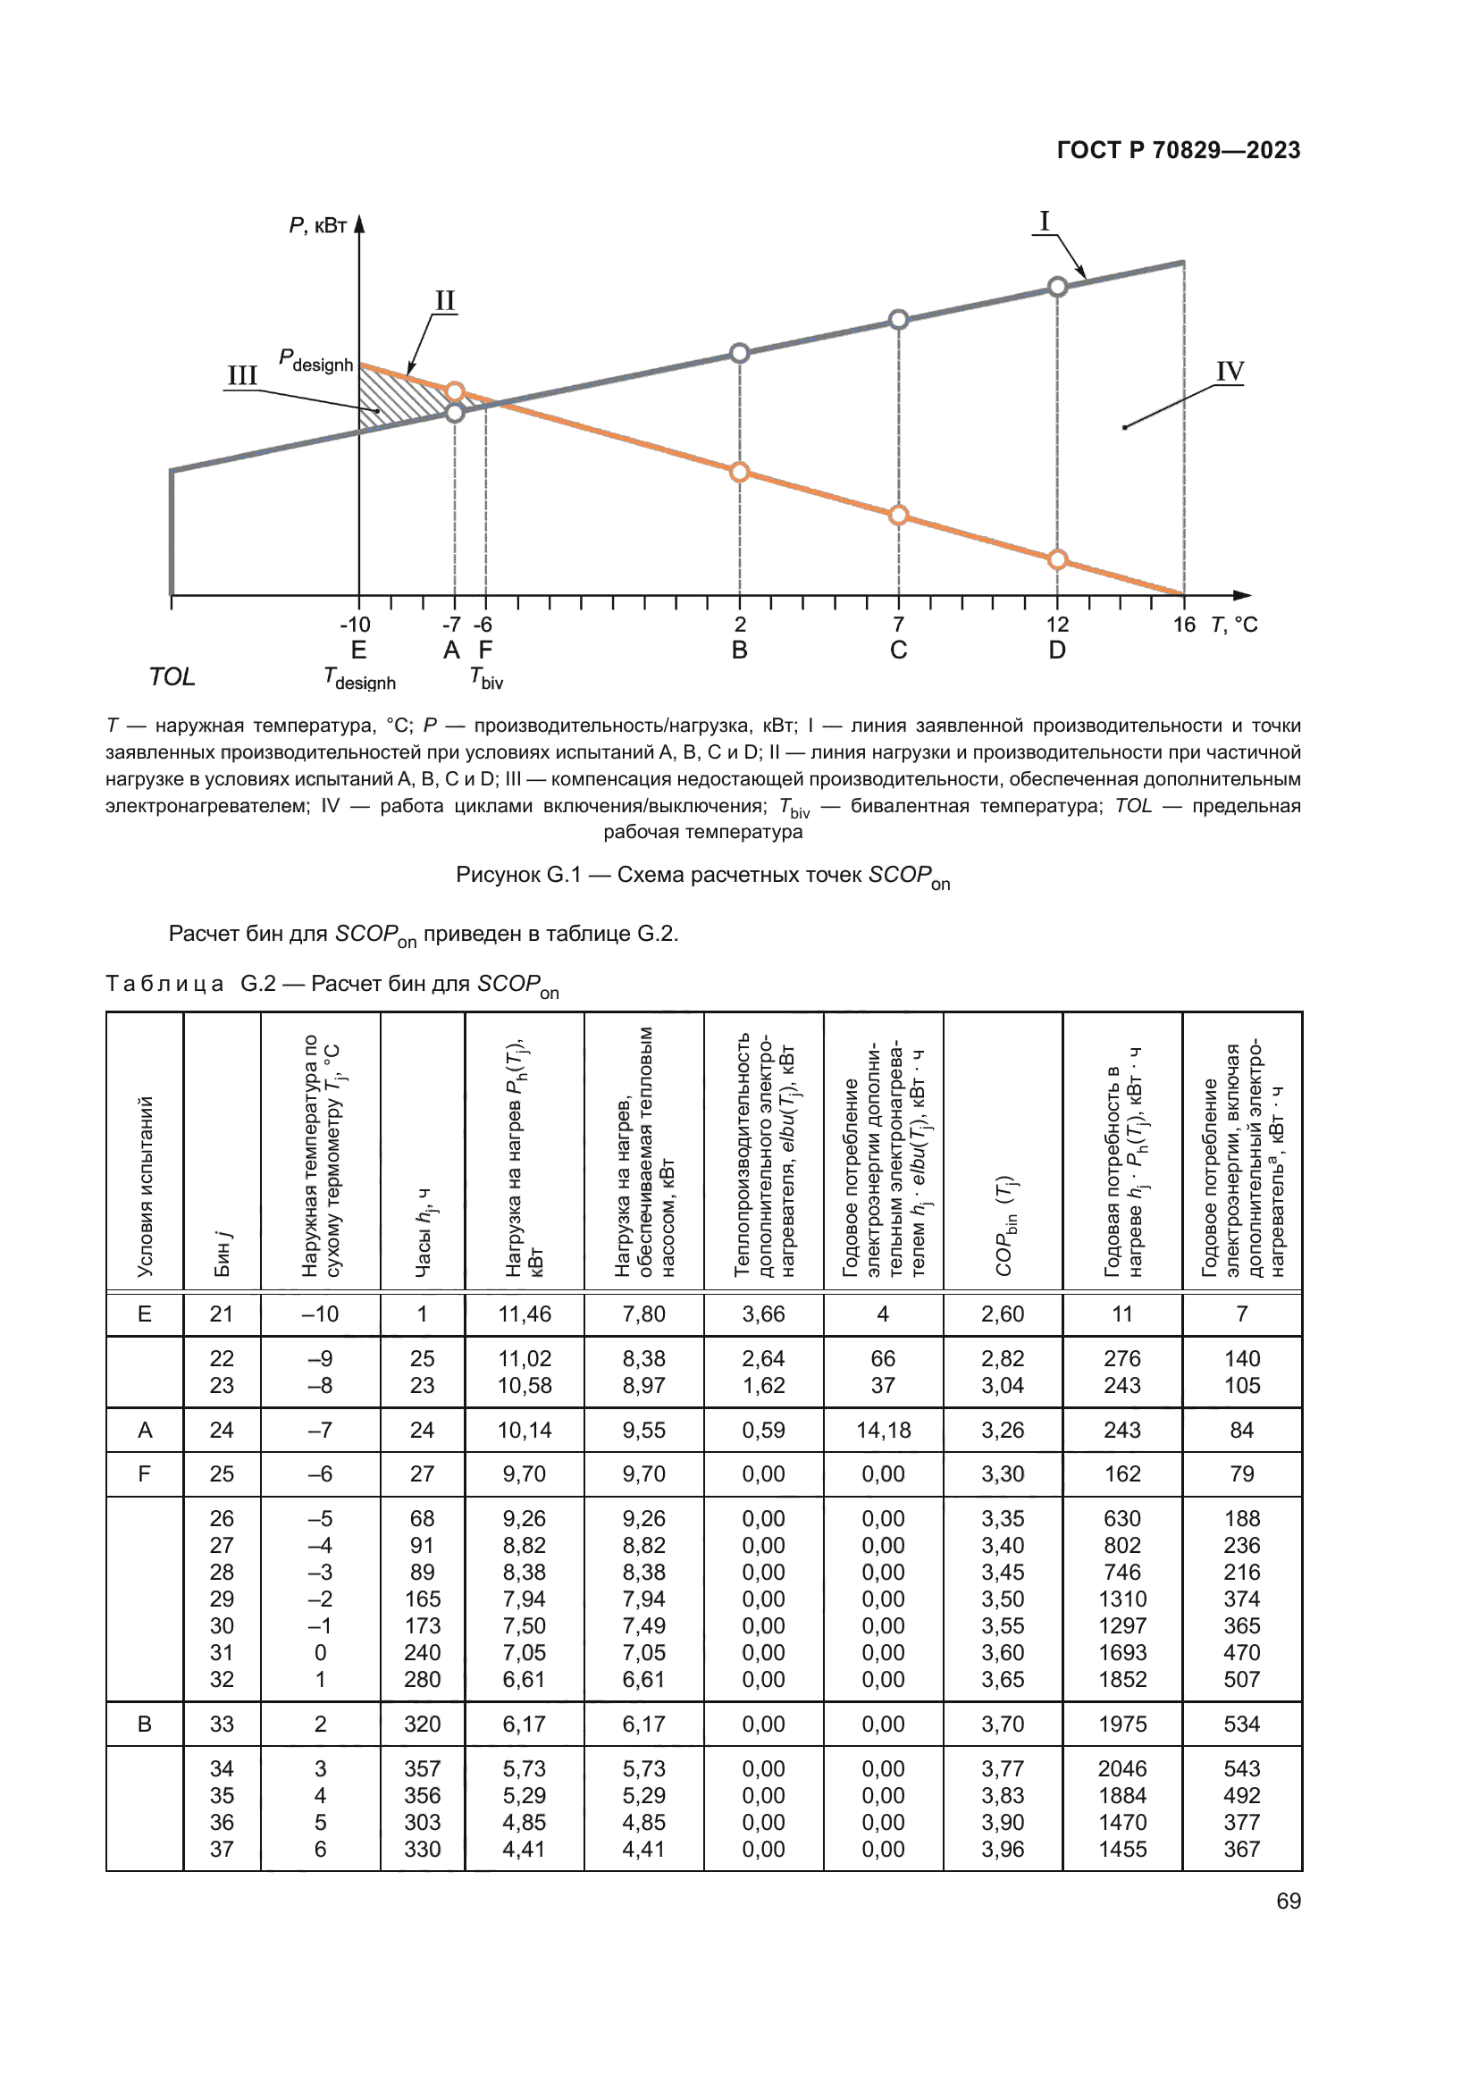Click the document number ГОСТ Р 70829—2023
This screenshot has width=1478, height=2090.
[1178, 150]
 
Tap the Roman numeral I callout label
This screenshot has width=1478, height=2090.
[1044, 222]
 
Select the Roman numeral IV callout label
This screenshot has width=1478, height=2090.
[1229, 372]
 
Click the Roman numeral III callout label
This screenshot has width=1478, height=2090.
[242, 375]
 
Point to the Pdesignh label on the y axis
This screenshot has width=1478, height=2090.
[315, 360]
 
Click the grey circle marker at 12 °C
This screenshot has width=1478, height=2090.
[1056, 287]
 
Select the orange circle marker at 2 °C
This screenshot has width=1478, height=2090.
[739, 472]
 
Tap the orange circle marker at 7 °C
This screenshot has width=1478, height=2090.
[898, 516]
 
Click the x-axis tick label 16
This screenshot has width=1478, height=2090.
[1183, 625]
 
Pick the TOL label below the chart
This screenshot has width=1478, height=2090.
[172, 676]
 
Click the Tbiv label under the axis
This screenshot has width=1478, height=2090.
[486, 678]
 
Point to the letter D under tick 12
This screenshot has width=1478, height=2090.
[1056, 650]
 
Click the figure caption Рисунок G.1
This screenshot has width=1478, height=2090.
[702, 876]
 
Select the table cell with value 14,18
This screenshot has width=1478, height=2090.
[883, 1430]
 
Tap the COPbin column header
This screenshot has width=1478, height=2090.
[1003, 1224]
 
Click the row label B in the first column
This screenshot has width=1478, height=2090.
[145, 1724]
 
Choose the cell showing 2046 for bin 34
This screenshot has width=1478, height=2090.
[1122, 1768]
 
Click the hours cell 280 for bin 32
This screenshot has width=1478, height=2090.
[423, 1680]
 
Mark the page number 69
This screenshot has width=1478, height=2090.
[1288, 1901]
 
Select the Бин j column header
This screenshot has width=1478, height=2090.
[223, 1254]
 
